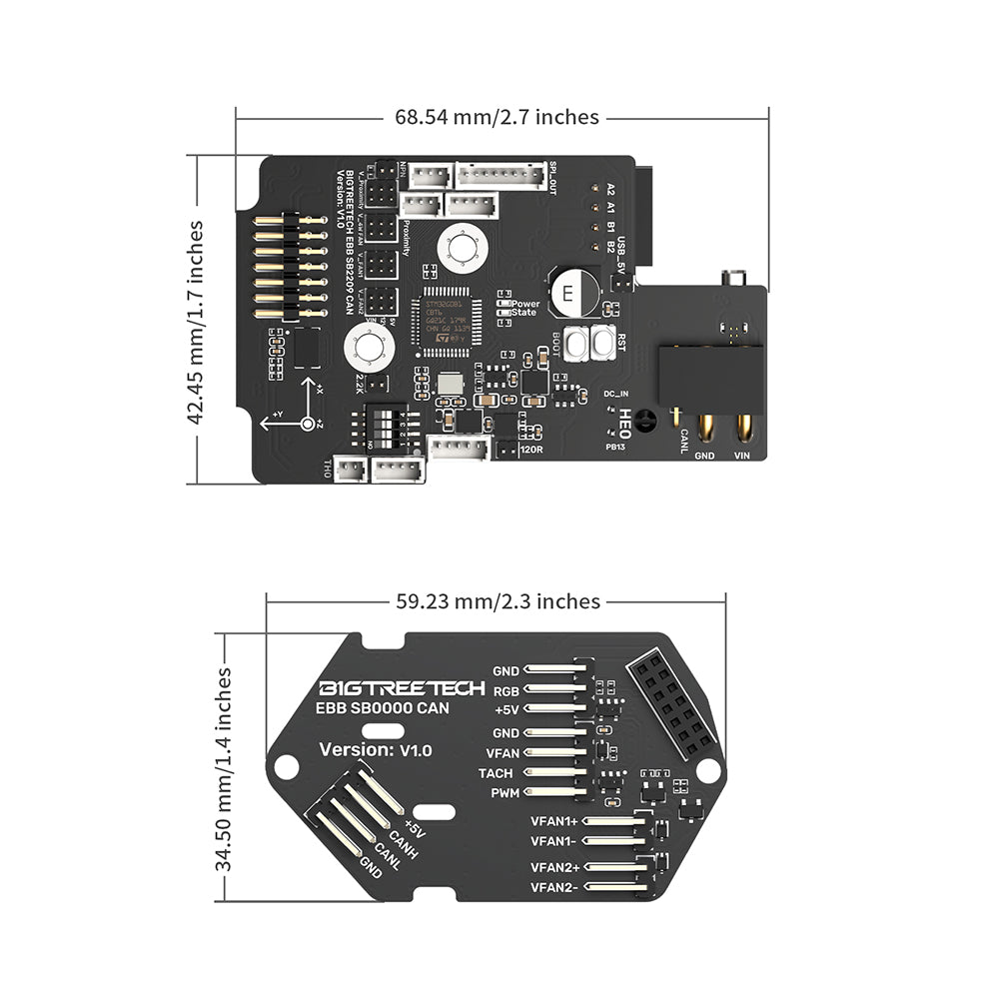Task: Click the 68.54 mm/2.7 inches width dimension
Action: [x=497, y=117]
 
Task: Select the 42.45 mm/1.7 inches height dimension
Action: [x=197, y=322]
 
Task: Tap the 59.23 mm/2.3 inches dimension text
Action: [x=497, y=601]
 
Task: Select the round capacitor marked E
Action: [x=568, y=293]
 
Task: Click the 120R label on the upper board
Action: [x=531, y=450]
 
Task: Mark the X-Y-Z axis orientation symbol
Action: [x=301, y=413]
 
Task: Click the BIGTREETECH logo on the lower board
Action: [x=402, y=688]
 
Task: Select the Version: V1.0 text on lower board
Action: [x=375, y=749]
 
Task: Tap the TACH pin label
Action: [x=496, y=772]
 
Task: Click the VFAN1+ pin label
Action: [x=554, y=821]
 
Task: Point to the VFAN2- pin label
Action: [x=554, y=886]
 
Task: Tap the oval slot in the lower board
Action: [x=435, y=813]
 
